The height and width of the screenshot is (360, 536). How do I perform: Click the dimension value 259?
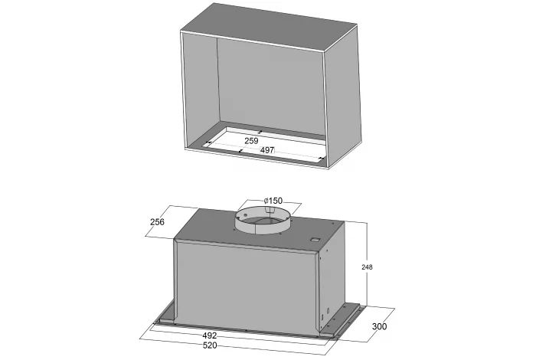pos(251,140)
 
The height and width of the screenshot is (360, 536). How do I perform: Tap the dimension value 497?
pos(267,149)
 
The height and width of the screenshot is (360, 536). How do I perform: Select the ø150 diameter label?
pos(273,201)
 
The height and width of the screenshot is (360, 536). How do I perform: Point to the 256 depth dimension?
pos(157,222)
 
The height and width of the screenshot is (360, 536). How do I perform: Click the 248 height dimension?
pos(367,267)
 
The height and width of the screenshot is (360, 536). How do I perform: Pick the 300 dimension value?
pos(380,326)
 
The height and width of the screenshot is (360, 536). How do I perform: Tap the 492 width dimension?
pos(210,335)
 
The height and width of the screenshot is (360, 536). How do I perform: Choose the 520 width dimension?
pos(210,345)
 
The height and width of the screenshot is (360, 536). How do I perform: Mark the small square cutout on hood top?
pos(315,240)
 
